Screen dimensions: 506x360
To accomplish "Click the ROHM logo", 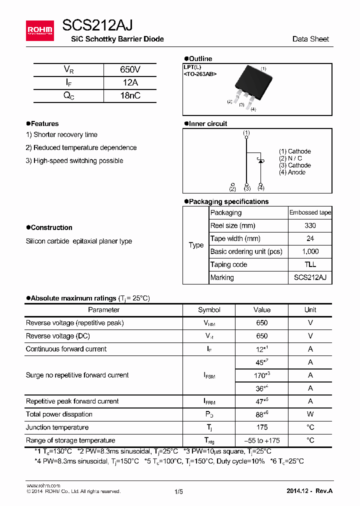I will (x=39, y=30).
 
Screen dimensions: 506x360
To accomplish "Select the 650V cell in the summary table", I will (x=130, y=69).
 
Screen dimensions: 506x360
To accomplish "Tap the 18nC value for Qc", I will (x=130, y=95).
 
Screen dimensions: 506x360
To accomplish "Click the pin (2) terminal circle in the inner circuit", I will (x=232, y=184).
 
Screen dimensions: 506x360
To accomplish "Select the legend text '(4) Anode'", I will (x=292, y=172).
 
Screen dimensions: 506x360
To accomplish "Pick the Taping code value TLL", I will (x=310, y=264).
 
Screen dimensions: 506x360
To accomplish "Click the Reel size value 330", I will (x=310, y=225).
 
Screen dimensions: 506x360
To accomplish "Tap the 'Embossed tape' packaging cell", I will (x=310, y=212).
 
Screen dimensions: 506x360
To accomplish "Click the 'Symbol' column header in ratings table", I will (x=209, y=310).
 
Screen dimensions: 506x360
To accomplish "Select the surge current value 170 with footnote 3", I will (x=262, y=375).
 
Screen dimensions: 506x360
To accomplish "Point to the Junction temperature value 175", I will (x=261, y=427).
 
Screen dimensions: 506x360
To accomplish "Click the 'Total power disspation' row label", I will (x=59, y=414).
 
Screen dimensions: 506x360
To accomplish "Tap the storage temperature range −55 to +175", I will (x=261, y=440).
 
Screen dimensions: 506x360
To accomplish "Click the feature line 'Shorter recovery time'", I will (x=61, y=134).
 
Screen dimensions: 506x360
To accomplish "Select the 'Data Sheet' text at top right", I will (x=310, y=39).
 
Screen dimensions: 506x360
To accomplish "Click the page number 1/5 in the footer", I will (x=178, y=491).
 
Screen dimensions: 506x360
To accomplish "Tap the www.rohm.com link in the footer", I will (x=43, y=485).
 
